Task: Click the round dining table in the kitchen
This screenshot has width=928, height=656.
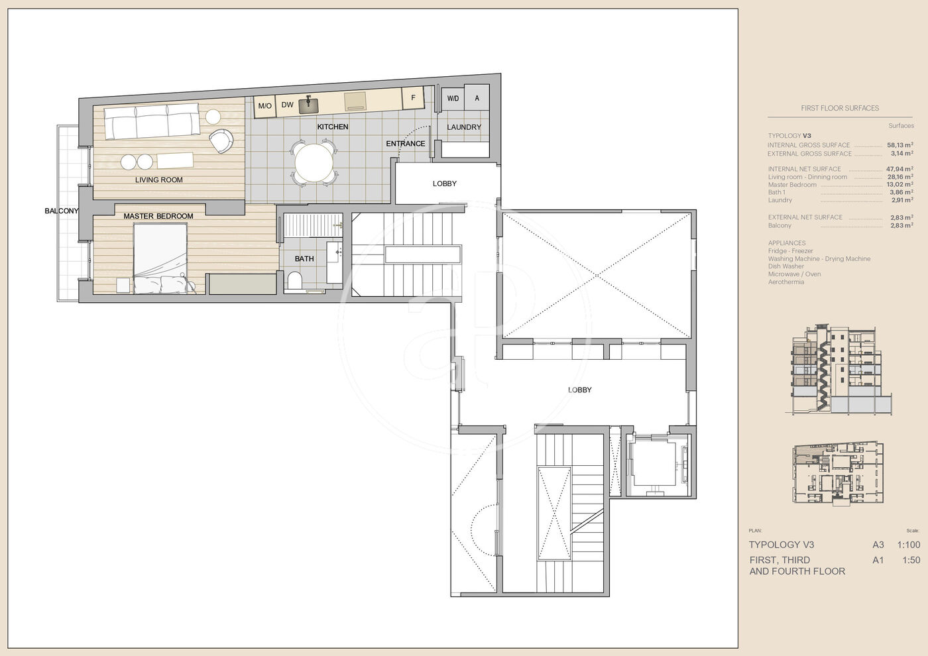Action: [314, 162]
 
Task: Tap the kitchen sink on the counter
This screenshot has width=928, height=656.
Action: [308, 105]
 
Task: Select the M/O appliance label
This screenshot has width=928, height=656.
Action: [264, 106]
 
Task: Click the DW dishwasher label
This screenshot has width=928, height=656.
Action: [287, 105]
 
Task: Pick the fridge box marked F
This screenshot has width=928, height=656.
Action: [413, 98]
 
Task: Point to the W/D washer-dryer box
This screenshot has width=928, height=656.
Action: [452, 98]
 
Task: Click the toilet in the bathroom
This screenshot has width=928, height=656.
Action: [294, 280]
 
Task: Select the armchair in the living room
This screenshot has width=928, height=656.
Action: [221, 140]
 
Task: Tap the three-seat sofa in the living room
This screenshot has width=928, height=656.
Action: [151, 122]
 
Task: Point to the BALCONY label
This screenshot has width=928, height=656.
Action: [62, 211]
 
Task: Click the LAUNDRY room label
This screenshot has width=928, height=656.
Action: [464, 127]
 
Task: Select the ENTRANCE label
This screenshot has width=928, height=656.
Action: [406, 144]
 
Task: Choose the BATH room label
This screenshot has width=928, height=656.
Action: [304, 258]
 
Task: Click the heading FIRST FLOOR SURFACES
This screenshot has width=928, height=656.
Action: [840, 108]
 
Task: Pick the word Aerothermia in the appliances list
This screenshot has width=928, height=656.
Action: [786, 282]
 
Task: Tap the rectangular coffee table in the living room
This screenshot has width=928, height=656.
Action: [175, 160]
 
